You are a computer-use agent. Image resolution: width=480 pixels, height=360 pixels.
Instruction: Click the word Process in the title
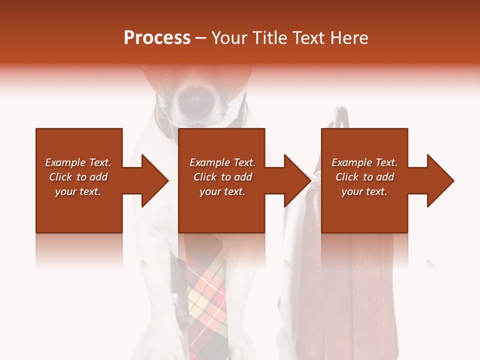tap(157, 38)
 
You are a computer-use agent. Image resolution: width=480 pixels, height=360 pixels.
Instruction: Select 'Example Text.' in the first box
tap(78, 162)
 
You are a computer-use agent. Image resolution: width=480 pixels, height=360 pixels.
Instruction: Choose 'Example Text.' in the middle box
tap(222, 162)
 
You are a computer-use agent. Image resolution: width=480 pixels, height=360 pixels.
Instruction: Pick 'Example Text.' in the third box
tap(364, 162)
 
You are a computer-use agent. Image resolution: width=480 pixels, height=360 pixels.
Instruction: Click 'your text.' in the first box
tap(78, 191)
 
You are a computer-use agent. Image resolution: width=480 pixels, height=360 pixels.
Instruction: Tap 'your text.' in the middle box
tap(222, 191)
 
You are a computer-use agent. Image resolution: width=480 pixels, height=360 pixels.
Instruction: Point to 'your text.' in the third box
tap(364, 191)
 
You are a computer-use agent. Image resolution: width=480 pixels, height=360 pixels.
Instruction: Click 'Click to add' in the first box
tap(78, 177)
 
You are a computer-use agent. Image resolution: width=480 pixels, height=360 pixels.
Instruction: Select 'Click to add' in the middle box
tap(222, 177)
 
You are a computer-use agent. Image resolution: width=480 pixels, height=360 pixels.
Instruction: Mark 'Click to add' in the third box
tap(364, 177)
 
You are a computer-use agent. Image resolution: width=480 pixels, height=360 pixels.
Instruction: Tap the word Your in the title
tap(230, 38)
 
